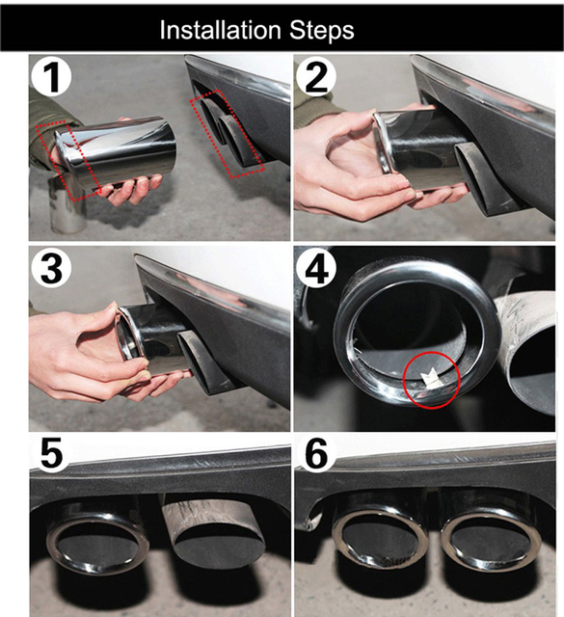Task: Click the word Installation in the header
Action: pos(221,30)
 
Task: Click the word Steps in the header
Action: pos(322,30)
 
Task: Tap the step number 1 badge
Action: pos(51,77)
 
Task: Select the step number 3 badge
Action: pos(51,269)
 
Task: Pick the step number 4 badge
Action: pos(316,269)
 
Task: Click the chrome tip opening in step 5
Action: pos(98,544)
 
